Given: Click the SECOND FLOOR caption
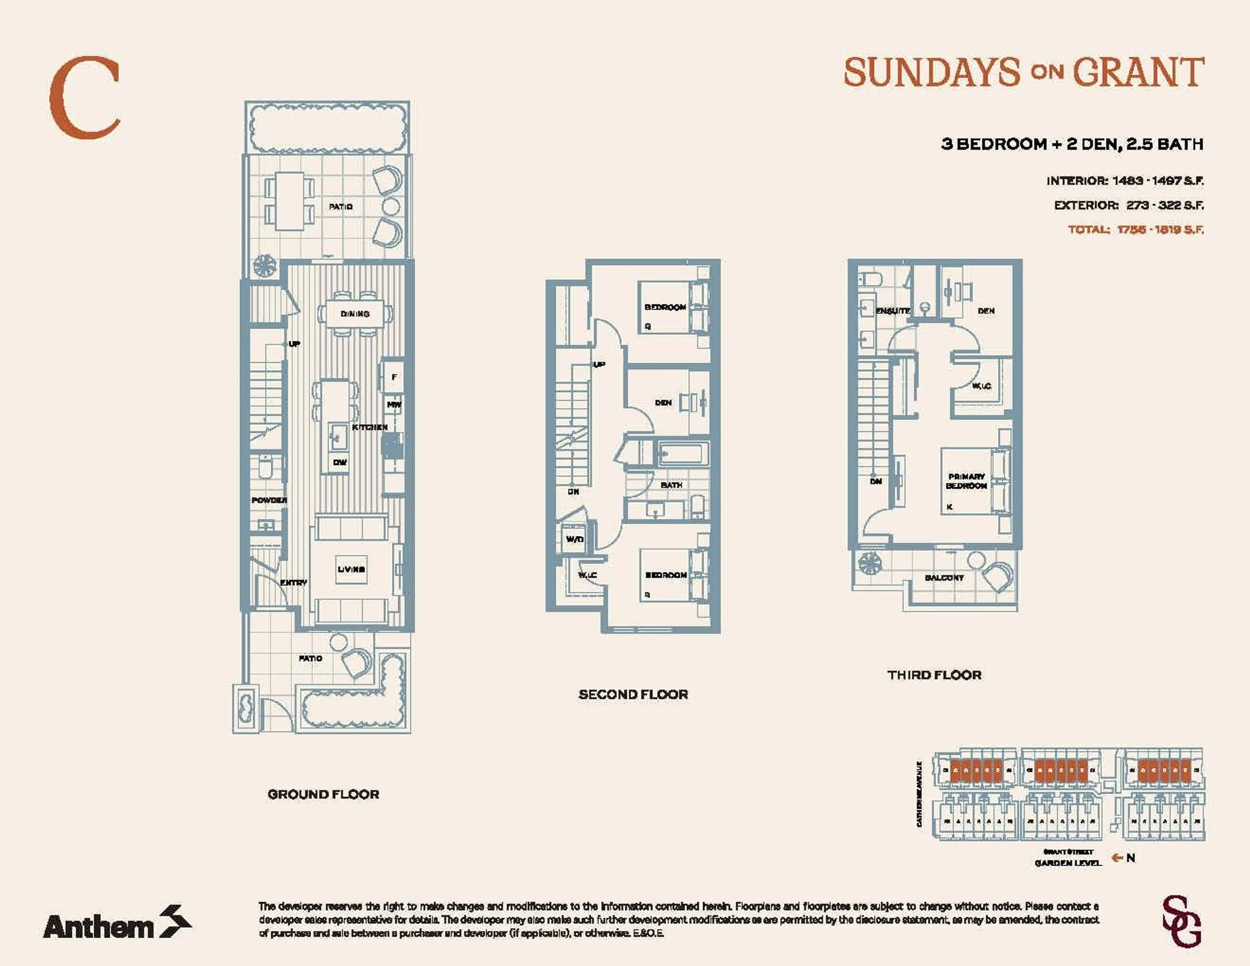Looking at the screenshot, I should (x=633, y=694).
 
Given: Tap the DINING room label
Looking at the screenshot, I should (x=355, y=314).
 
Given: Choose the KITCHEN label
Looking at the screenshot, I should (x=370, y=427).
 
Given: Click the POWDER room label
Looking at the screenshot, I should (x=269, y=500).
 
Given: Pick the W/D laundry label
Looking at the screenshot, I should (x=574, y=539).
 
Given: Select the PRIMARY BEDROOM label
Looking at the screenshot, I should (x=966, y=481).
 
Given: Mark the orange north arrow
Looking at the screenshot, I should (x=1116, y=858).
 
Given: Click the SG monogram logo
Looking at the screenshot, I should (x=1181, y=922).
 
